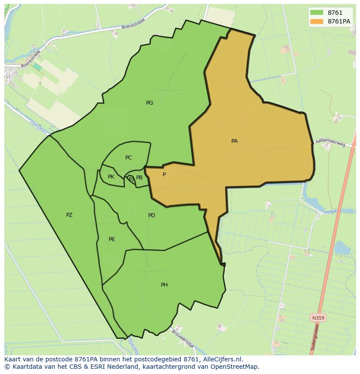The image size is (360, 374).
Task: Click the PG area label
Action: [x=150, y=103]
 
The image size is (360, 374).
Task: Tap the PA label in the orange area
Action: [x=234, y=141]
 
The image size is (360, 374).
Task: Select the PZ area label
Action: [x=69, y=215]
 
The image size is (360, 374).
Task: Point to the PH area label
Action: [x=164, y=285]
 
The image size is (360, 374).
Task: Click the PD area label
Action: [x=152, y=215]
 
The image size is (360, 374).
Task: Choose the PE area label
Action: [x=112, y=239]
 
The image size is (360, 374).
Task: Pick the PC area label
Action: [x=128, y=158]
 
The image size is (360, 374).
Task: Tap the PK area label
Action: [x=111, y=177]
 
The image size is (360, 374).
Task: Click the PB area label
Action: [x=139, y=178]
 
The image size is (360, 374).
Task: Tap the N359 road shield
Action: [x=318, y=318]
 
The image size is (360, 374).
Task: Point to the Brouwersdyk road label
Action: [x=183, y=339]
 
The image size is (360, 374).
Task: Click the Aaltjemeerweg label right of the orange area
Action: [x=331, y=140]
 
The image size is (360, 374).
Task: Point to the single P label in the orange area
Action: [x=164, y=175]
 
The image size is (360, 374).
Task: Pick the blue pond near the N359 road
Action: [x=342, y=248]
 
